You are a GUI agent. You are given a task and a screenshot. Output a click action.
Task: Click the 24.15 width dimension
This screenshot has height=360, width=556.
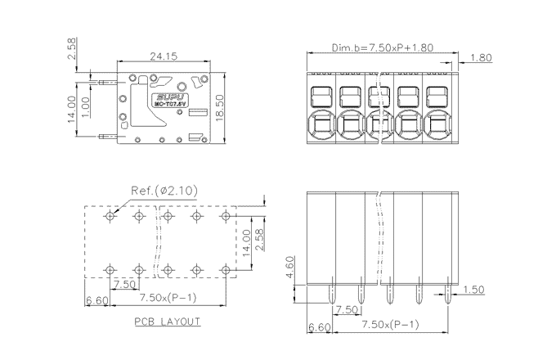164,56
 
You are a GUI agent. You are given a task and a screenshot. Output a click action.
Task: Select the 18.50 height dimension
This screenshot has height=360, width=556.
219,107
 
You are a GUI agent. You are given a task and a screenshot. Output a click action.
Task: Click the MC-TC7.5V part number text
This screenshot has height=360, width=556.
169,104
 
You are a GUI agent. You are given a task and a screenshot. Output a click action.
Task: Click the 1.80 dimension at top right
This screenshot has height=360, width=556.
482,57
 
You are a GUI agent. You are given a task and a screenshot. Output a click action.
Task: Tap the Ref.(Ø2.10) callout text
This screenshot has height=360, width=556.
164,191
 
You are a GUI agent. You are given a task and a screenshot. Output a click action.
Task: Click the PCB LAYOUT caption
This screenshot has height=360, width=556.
168,322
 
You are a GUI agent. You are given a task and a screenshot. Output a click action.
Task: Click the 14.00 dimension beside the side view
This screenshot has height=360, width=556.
72,107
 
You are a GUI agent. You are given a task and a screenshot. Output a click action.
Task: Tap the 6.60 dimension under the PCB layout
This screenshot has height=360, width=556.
96,302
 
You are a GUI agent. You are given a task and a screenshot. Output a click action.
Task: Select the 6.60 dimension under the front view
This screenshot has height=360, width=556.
318,327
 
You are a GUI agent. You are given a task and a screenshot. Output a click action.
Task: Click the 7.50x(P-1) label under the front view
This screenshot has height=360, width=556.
390,326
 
